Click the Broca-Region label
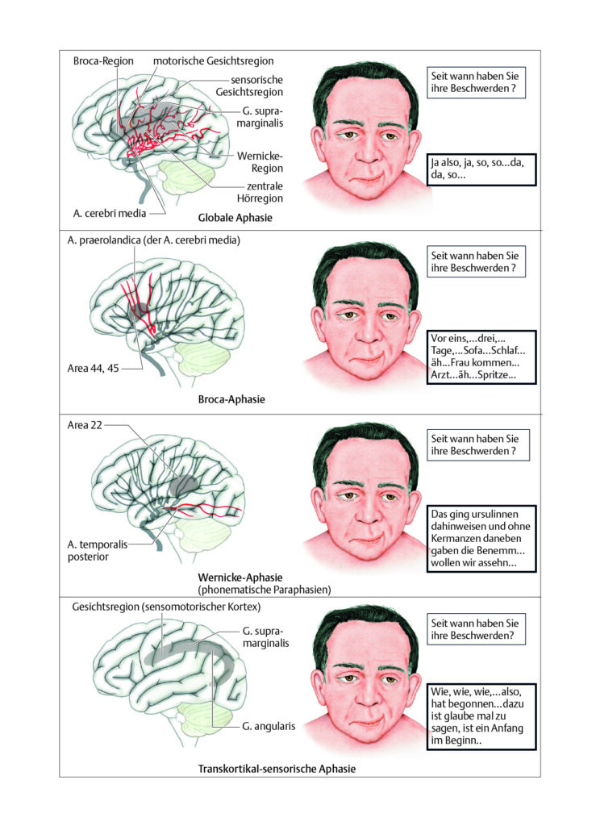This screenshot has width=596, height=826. point(103,61)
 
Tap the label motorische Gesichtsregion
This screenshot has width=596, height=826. point(213,61)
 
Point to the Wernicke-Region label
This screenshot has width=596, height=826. point(260,162)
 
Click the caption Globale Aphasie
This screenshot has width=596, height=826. point(235,218)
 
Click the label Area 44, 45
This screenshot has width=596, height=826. point(94,368)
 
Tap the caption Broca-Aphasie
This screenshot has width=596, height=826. point(231,399)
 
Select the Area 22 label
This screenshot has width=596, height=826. point(85,425)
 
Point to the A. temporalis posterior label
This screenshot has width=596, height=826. point(98,550)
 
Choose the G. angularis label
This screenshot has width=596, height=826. point(269,726)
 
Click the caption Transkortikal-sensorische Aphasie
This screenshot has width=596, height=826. point(277,769)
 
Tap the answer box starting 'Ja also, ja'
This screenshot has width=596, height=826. point(481,169)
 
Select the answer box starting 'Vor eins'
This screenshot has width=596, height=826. point(481,357)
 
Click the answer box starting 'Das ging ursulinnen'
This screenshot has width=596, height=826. point(481,538)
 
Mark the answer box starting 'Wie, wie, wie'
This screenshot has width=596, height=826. point(481,716)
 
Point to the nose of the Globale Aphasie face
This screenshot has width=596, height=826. point(369,148)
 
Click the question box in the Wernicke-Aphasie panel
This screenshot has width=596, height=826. point(478,445)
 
